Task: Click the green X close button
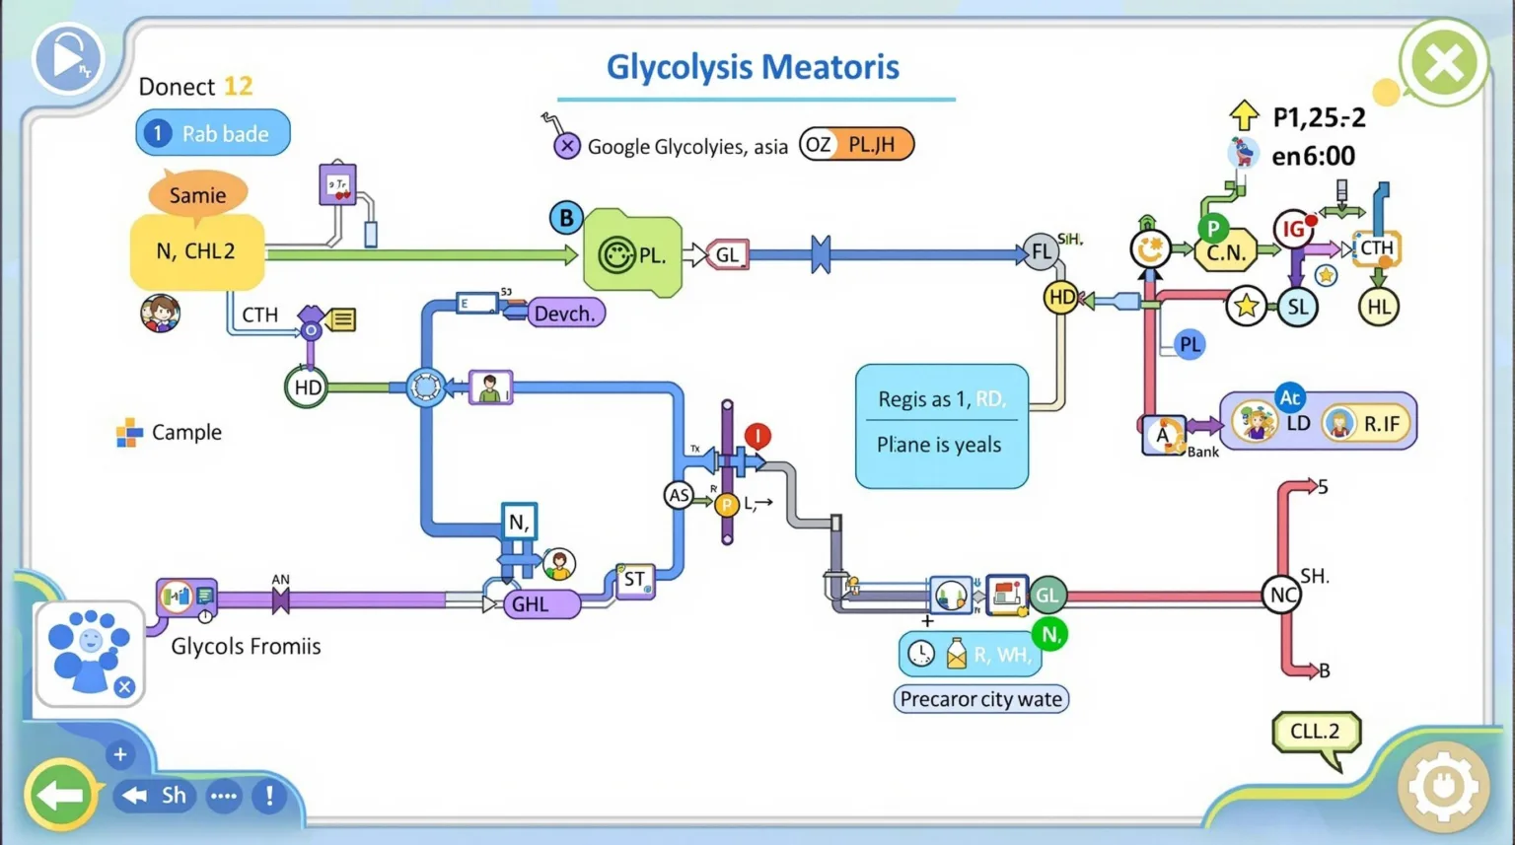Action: (1443, 64)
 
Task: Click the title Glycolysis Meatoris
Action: (753, 67)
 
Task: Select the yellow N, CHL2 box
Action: (196, 252)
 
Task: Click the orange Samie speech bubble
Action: (197, 194)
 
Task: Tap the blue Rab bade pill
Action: (213, 133)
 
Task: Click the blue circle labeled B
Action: (566, 218)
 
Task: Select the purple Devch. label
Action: (565, 314)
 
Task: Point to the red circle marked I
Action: (757, 435)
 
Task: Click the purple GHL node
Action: (541, 603)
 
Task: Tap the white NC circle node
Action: (1282, 595)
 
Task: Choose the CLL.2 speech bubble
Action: (1316, 732)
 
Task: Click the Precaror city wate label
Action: (980, 699)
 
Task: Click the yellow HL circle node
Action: (1378, 307)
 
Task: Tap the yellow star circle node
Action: (1247, 307)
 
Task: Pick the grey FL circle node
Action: (1042, 252)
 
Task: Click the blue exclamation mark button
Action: (268, 796)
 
